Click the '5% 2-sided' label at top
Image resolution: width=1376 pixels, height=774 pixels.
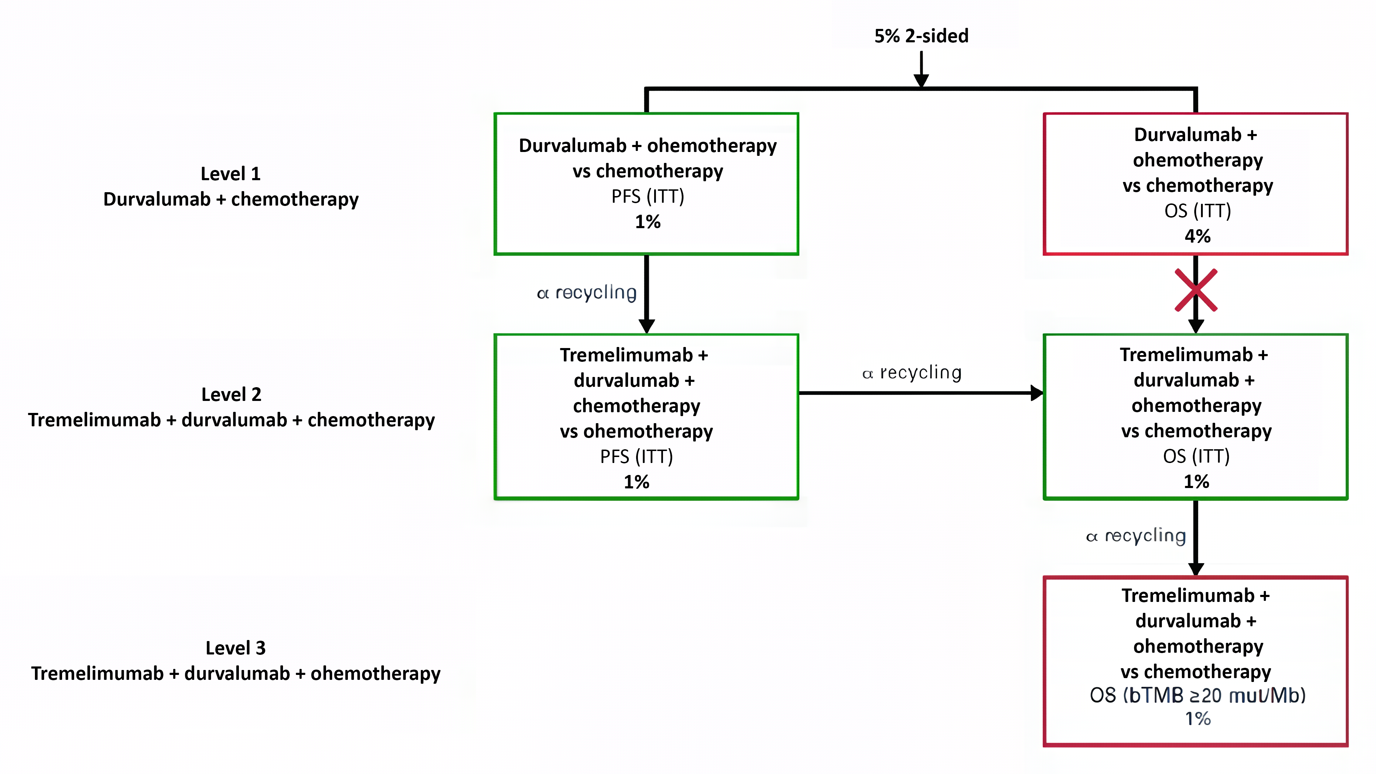coord(921,36)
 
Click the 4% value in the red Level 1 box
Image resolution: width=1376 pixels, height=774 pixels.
coord(1197,236)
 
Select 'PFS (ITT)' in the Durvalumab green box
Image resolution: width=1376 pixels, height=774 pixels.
coord(647,196)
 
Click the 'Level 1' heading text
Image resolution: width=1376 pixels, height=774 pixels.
coord(230,173)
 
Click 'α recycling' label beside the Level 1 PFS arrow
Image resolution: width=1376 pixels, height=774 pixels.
coord(586,293)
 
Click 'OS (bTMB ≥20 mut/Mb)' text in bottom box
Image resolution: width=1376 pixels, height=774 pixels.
coord(1197,695)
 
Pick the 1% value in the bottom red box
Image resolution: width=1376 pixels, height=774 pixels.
coord(1197,719)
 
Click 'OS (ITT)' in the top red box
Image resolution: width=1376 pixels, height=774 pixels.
coord(1197,211)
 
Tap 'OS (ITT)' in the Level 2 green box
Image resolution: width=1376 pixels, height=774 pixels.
coord(1196,456)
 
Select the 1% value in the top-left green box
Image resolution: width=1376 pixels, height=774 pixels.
coord(647,221)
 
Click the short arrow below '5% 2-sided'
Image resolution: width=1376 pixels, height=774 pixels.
coord(921,68)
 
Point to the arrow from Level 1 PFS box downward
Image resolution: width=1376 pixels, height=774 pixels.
coord(646,294)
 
